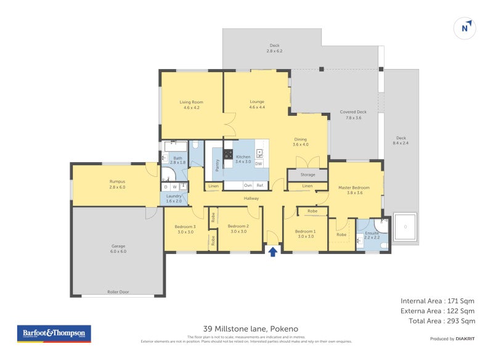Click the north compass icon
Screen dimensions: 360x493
tap(467, 28)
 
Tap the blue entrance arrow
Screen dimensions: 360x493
tap(272, 252)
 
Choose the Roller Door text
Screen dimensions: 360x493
tap(118, 292)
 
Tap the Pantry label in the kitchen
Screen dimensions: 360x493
tap(217, 165)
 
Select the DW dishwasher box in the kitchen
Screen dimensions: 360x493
tap(259, 164)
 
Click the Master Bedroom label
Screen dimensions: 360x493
tap(353, 190)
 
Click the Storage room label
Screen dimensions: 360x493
tap(308, 175)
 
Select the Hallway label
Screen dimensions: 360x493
tap(251, 198)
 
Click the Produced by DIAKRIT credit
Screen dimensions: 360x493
tap(452, 338)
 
